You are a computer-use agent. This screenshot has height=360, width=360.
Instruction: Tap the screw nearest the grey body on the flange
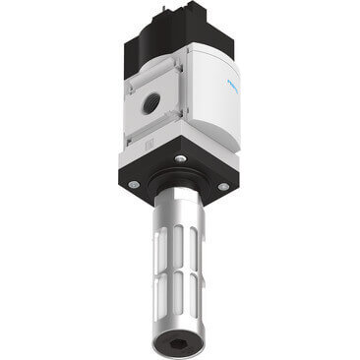coord(181,156)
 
